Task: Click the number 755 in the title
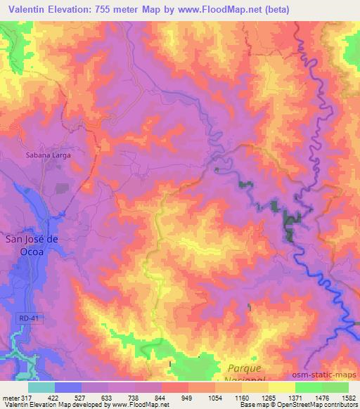click(x=115, y=8)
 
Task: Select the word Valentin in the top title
click(x=29, y=8)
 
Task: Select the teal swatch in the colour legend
click(x=41, y=387)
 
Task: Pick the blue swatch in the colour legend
click(x=68, y=387)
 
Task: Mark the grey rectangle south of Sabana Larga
click(x=61, y=188)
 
